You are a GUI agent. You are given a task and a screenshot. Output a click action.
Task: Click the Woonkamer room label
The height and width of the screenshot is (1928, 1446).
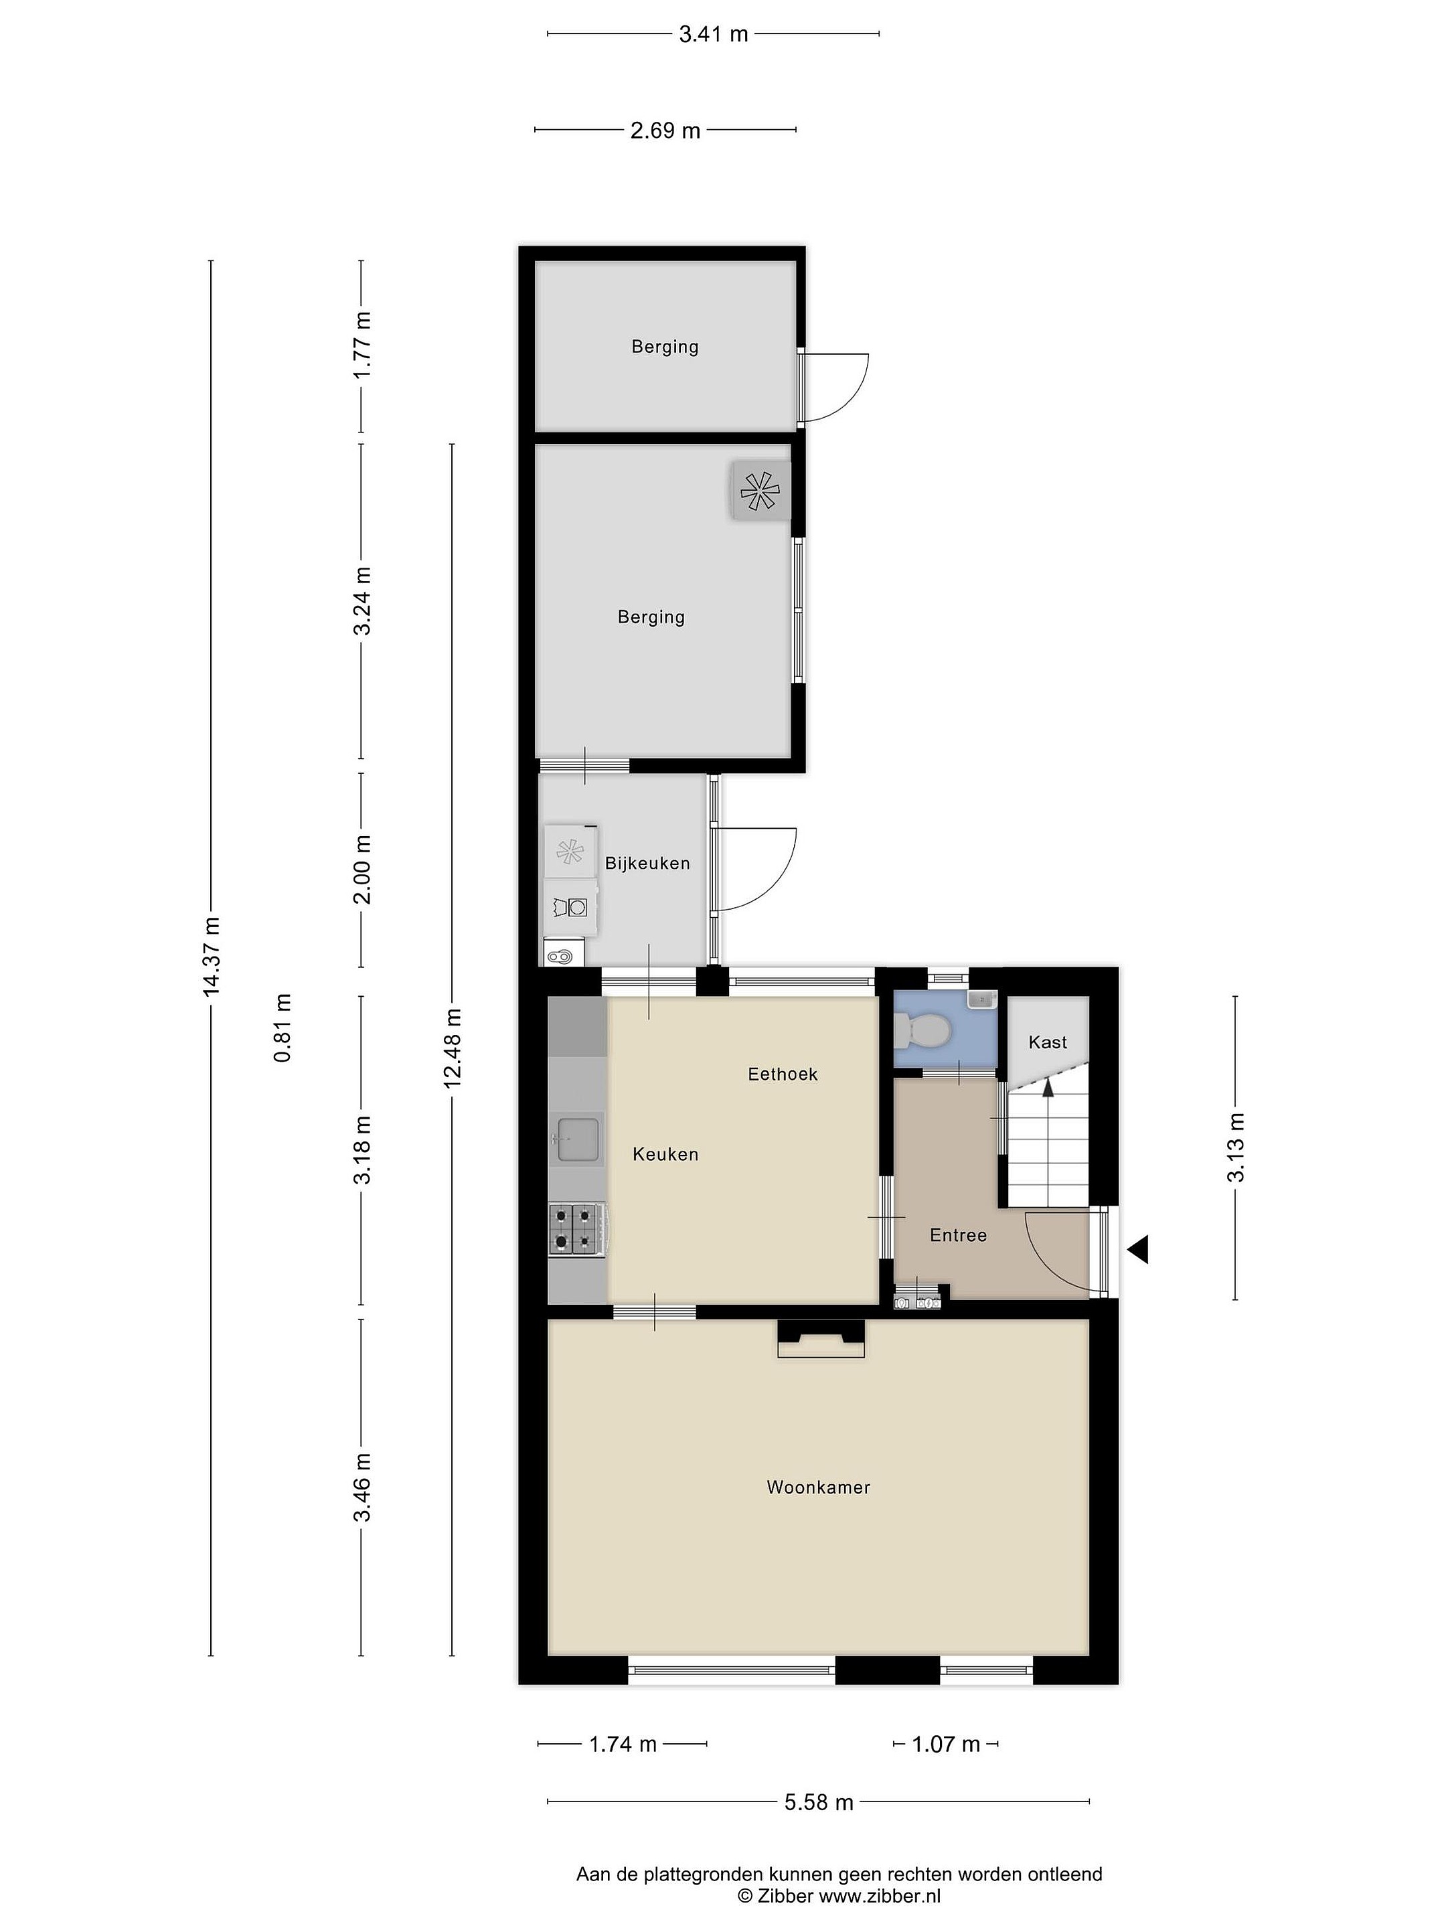(x=819, y=1488)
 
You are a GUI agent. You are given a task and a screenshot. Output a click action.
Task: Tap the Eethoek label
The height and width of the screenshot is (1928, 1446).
(x=783, y=1074)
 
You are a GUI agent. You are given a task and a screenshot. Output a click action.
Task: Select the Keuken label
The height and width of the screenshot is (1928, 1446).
(x=665, y=1154)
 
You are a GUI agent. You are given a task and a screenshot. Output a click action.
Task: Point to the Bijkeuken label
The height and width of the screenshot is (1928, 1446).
(x=647, y=863)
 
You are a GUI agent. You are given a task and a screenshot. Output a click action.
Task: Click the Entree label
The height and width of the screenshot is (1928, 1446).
(x=958, y=1235)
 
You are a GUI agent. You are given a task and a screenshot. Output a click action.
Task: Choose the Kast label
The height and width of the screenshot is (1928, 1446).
(x=1048, y=1042)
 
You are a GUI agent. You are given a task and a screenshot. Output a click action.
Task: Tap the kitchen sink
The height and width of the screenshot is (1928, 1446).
(x=577, y=1140)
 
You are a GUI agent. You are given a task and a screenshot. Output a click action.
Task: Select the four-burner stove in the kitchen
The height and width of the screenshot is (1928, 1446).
(x=576, y=1229)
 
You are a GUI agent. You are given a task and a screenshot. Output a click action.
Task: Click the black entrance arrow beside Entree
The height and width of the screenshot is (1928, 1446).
(x=1138, y=1250)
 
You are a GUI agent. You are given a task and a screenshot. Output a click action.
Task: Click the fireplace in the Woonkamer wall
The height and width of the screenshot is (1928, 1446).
(x=821, y=1339)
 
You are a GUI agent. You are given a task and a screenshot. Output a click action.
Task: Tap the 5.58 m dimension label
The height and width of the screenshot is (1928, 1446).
(x=819, y=1801)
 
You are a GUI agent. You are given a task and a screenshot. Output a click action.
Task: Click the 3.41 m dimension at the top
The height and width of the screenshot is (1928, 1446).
(x=713, y=34)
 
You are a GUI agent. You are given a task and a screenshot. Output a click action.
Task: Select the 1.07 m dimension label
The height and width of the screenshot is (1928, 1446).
(x=946, y=1743)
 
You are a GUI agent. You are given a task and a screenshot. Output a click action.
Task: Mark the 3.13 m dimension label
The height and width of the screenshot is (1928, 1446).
(x=1235, y=1148)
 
